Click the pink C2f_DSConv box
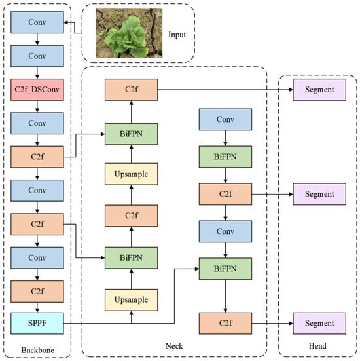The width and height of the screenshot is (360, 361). (x=37, y=90)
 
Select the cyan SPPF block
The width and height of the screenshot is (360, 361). (x=37, y=323)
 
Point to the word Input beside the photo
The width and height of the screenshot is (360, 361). (x=177, y=35)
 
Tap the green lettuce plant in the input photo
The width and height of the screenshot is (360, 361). (x=126, y=37)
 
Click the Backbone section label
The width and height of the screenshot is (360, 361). (x=38, y=350)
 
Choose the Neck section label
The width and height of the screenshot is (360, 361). (x=174, y=345)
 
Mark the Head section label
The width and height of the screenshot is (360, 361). (x=317, y=345)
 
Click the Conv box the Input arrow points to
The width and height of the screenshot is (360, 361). (x=37, y=22)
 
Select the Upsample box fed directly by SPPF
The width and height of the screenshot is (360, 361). (x=131, y=300)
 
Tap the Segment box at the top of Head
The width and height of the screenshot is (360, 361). (x=319, y=90)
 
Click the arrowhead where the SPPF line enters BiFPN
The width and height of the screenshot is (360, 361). (x=197, y=269)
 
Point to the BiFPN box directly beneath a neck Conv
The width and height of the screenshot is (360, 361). (x=225, y=157)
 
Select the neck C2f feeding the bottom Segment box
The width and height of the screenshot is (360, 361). (x=225, y=323)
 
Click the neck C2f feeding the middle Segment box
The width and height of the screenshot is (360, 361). (x=225, y=194)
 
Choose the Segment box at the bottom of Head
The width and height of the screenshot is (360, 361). (x=319, y=323)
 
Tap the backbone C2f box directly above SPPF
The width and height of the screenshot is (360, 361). (x=37, y=292)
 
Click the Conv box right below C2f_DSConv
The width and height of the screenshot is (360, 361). (x=37, y=123)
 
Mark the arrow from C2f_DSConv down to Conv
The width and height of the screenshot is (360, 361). (x=37, y=107)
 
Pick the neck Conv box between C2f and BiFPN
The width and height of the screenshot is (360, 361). (x=225, y=231)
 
